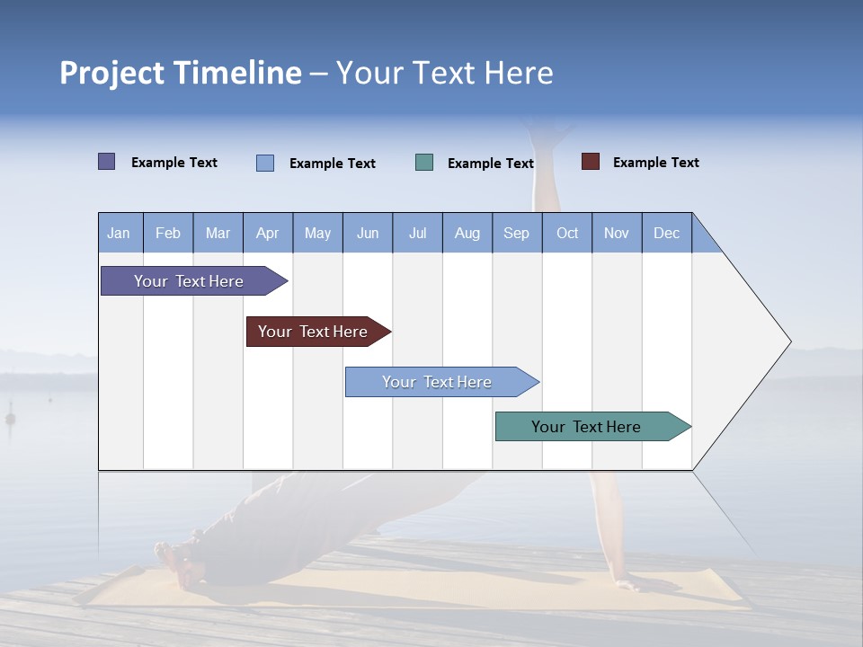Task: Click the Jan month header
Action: pyautogui.click(x=120, y=233)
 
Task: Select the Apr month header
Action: pyautogui.click(x=268, y=233)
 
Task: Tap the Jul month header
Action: pyautogui.click(x=418, y=233)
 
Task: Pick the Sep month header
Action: pyautogui.click(x=517, y=233)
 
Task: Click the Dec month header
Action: pyautogui.click(x=667, y=233)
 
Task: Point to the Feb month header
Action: pyautogui.click(x=168, y=233)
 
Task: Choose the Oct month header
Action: pyautogui.click(x=567, y=233)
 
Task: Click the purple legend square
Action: pyautogui.click(x=107, y=162)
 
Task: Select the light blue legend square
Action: pyautogui.click(x=265, y=163)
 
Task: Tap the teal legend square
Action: pyautogui.click(x=424, y=163)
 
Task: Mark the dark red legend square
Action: pyautogui.click(x=591, y=162)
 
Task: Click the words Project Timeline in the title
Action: pyautogui.click(x=181, y=73)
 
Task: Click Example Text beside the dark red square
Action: pyautogui.click(x=655, y=163)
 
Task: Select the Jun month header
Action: pyautogui.click(x=368, y=233)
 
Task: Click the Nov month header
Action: pyautogui.click(x=617, y=233)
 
